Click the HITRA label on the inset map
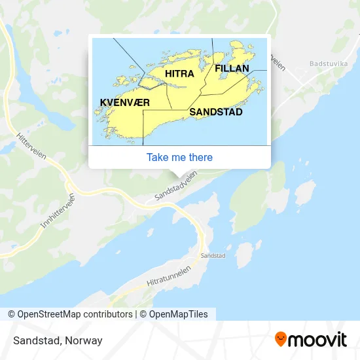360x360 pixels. coord(179,74)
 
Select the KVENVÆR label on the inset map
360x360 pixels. coord(125,103)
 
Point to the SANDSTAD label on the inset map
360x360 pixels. coord(216,112)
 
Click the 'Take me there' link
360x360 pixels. coord(179,157)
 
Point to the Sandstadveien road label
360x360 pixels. coord(175,187)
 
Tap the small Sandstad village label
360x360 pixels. coord(213,255)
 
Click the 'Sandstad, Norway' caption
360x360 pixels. coord(56,340)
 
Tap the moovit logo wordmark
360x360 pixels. coord(318,340)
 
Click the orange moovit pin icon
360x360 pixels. coord(281,340)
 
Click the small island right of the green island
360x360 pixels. coord(304,194)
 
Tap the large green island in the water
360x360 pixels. coord(259,196)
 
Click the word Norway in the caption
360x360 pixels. coord(85,340)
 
